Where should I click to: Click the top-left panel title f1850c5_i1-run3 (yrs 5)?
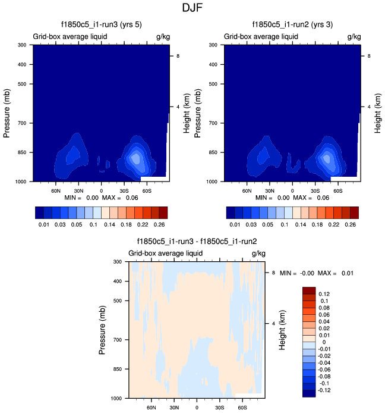point(100,25)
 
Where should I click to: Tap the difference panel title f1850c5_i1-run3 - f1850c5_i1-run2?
point(197,242)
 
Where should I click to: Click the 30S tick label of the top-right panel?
point(315,190)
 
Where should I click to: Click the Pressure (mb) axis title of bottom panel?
point(103,330)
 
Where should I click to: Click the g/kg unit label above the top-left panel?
point(162,37)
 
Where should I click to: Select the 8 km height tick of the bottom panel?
point(273,273)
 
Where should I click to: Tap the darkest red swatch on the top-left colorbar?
point(163,212)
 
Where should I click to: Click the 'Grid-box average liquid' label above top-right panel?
point(261,37)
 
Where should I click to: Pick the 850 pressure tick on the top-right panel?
point(216,153)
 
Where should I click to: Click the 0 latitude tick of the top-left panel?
point(101,190)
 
